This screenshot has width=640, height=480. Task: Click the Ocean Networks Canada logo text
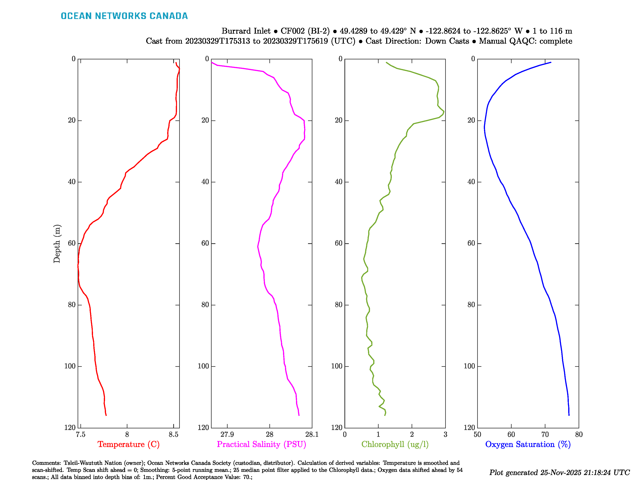click(124, 16)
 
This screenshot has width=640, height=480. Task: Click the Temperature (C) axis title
click(128, 444)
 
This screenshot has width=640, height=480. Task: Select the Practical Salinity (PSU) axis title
click(261, 444)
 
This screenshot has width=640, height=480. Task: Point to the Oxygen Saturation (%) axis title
click(528, 444)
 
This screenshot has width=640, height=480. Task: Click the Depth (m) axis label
click(57, 244)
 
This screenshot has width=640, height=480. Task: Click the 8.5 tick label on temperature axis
click(173, 434)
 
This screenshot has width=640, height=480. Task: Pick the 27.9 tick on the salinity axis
click(227, 434)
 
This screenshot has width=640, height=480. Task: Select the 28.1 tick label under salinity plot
click(312, 434)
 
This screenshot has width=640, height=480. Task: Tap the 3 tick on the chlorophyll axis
click(445, 434)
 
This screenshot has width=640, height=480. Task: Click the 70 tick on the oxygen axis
click(545, 434)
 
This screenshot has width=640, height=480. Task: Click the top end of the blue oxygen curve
click(551, 62)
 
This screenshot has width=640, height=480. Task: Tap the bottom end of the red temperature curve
click(106, 415)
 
